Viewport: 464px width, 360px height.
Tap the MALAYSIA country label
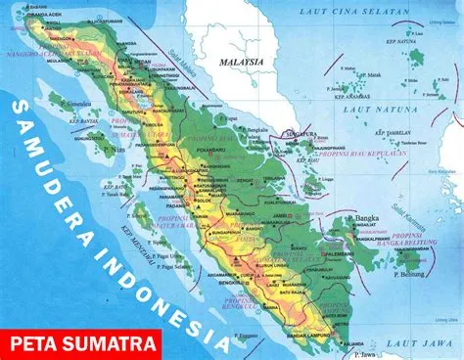click(x=242, y=60)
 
